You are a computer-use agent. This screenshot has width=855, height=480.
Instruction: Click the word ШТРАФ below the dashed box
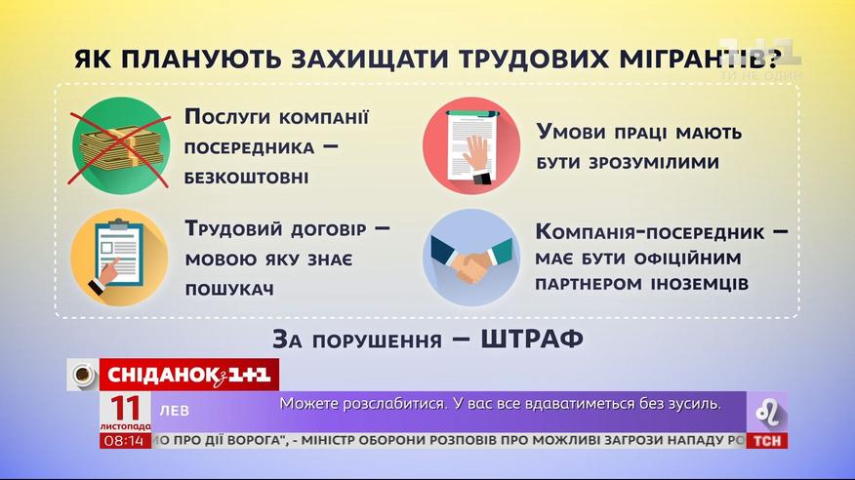[532, 339]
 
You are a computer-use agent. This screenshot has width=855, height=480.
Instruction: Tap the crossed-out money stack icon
[120, 145]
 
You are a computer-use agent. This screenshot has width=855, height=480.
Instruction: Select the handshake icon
[471, 257]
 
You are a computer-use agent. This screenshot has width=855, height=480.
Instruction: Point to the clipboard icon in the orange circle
[119, 257]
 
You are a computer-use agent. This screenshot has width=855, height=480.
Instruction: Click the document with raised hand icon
[471, 145]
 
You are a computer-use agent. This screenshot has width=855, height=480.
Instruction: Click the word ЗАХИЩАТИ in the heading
[369, 59]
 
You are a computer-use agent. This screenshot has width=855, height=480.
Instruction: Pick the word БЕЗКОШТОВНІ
[247, 177]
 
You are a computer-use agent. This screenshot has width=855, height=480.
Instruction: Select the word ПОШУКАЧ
[229, 290]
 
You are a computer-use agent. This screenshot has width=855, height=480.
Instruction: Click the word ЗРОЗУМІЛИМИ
[629, 163]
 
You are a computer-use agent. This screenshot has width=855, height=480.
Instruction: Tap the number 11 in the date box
[126, 408]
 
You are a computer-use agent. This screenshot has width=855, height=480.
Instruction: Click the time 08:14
[125, 441]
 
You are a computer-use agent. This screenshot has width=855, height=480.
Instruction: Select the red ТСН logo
[766, 441]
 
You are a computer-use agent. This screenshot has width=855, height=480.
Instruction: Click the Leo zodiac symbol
[767, 412]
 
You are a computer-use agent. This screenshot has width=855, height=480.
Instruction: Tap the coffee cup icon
[83, 375]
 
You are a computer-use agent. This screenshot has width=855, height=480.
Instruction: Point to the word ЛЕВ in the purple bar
[175, 411]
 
